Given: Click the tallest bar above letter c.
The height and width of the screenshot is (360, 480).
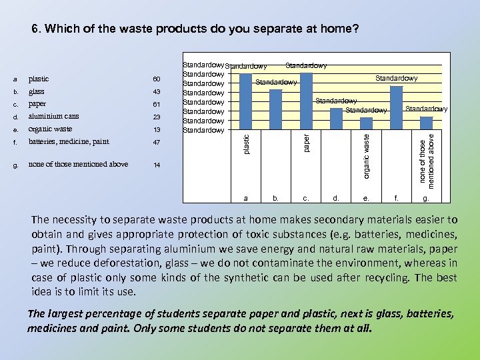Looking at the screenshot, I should pyautogui.click(x=306, y=100).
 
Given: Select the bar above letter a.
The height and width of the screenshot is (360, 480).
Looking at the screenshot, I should pyautogui.click(x=246, y=101).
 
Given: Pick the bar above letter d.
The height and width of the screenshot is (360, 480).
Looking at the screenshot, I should pyautogui.click(x=336, y=119).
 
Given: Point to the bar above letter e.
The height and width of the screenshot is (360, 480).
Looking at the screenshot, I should pyautogui.click(x=366, y=123).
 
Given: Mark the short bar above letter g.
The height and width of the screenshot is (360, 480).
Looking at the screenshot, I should pyautogui.click(x=427, y=123).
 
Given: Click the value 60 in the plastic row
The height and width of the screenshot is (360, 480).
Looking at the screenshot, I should pyautogui.click(x=157, y=79).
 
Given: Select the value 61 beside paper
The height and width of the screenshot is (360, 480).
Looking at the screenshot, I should pyautogui.click(x=157, y=105).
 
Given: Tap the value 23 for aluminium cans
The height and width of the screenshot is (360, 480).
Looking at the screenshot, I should pyautogui.click(x=157, y=117).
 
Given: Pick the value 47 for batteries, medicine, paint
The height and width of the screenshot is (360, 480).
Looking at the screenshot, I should pyautogui.click(x=157, y=142).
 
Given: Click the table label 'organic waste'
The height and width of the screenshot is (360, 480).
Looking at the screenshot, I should pyautogui.click(x=50, y=129).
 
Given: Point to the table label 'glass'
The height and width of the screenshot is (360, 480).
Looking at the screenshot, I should pyautogui.click(x=36, y=92).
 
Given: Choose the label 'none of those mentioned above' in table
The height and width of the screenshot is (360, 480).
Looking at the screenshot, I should pyautogui.click(x=78, y=164).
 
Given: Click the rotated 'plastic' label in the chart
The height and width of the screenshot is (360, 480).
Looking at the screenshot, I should pyautogui.click(x=246, y=145).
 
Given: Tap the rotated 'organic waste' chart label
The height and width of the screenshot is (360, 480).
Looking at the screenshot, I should pyautogui.click(x=366, y=155).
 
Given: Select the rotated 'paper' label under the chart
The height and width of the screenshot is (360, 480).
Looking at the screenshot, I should pyautogui.click(x=306, y=142).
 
